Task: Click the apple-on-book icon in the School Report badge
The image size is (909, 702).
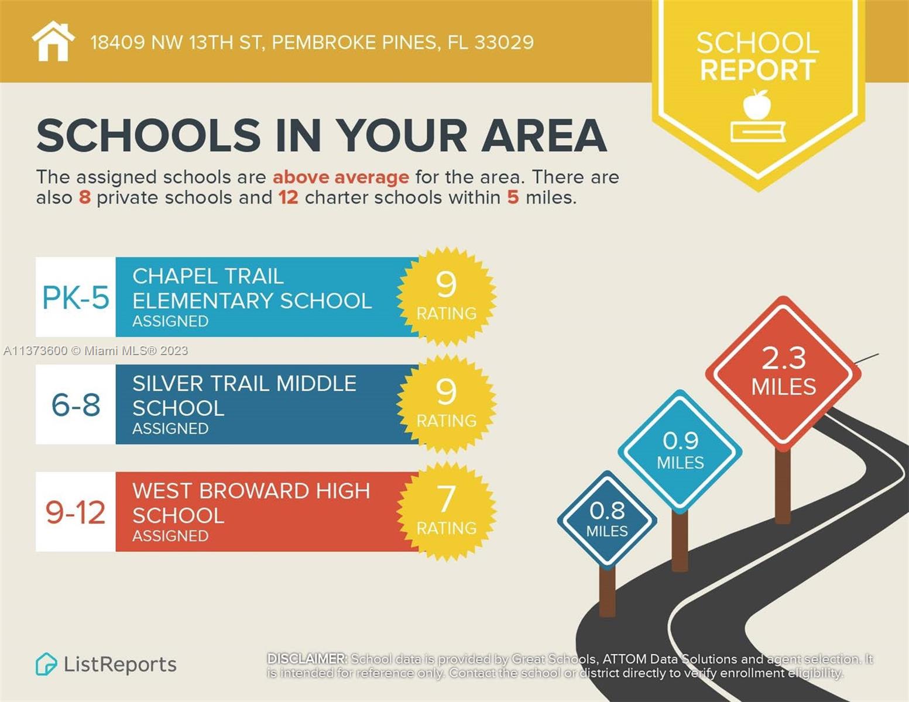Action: [757, 116]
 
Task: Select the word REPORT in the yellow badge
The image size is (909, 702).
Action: [757, 70]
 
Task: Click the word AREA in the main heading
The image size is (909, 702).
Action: [544, 136]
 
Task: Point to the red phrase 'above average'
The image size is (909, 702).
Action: [341, 177]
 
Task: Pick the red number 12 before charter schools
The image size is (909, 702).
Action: [288, 198]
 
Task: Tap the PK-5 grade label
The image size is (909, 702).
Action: [76, 297]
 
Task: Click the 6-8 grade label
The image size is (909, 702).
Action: [76, 405]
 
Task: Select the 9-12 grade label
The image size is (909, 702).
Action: [76, 512]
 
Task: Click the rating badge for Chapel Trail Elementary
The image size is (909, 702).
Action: [446, 296]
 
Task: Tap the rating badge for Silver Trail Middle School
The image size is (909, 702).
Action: [446, 404]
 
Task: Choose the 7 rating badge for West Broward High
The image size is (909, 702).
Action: [446, 511]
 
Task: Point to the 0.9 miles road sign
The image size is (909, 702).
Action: [680, 450]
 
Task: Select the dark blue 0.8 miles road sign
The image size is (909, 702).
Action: [607, 519]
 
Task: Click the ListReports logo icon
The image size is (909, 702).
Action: [46, 665]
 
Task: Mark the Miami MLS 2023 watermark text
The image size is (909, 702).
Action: [95, 351]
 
